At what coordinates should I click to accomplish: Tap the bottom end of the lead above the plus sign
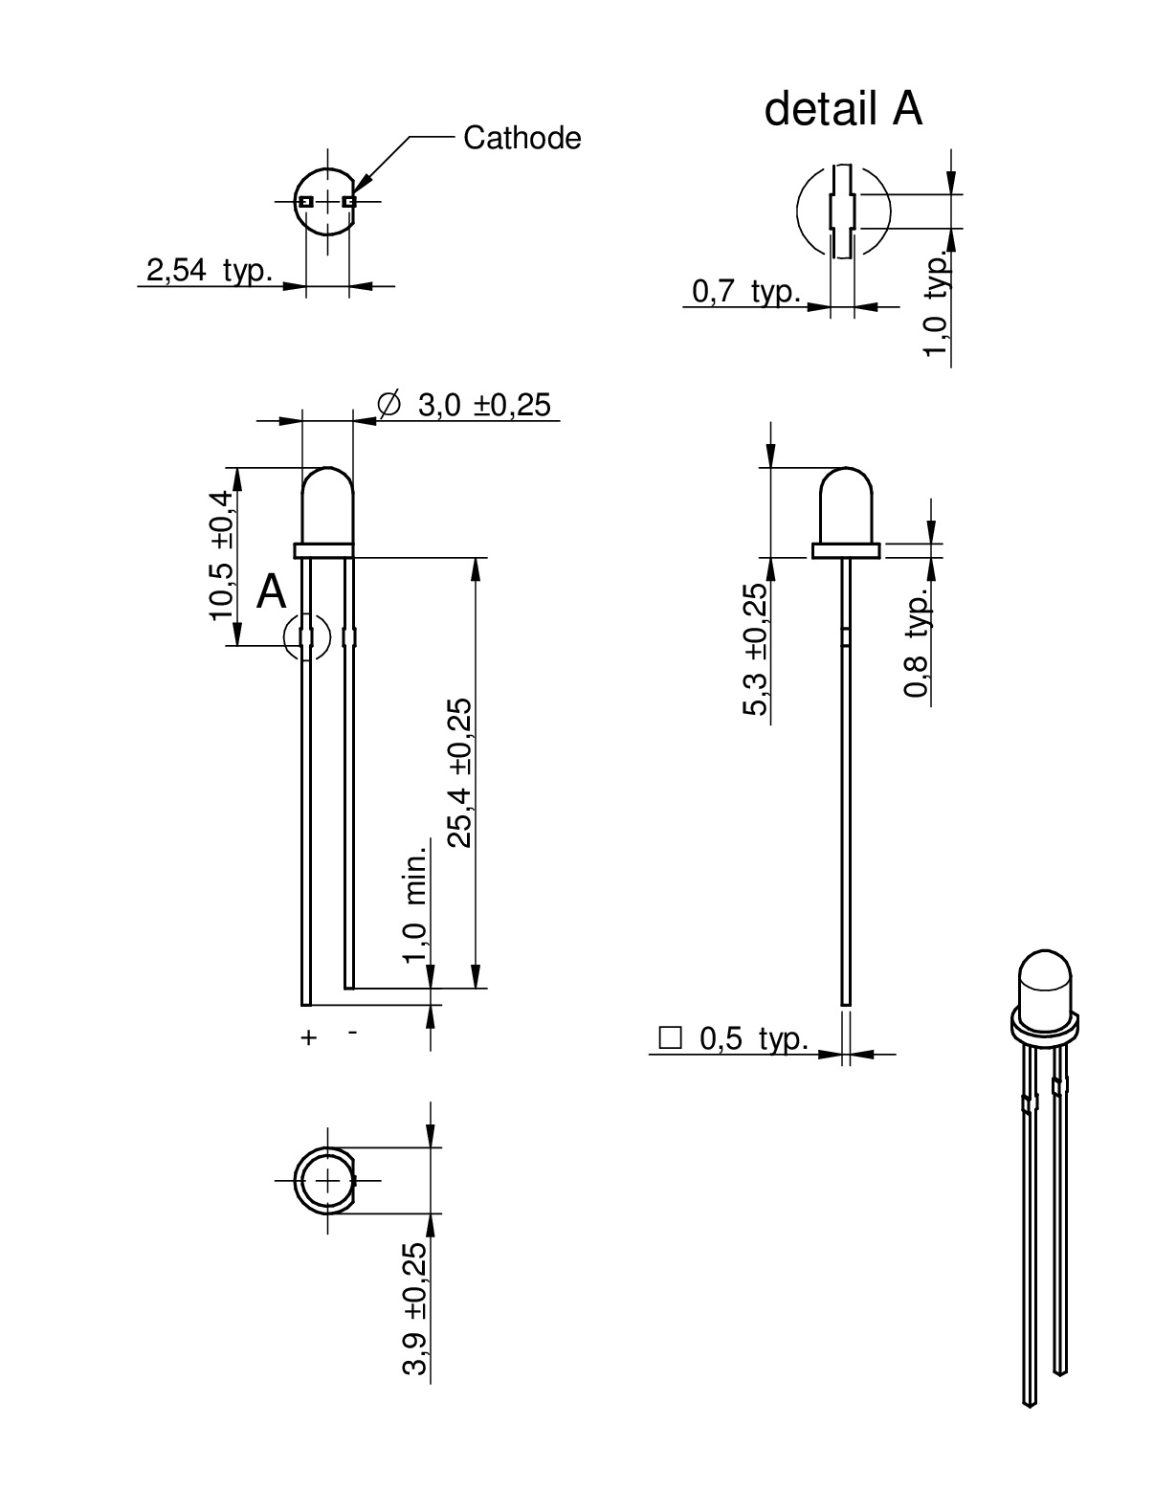point(306,1005)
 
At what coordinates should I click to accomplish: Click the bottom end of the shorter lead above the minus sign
point(349,988)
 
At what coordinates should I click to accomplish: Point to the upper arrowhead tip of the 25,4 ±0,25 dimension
point(476,558)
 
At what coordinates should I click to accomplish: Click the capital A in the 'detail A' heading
point(907,108)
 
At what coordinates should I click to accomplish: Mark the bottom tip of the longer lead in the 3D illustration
point(1030,1407)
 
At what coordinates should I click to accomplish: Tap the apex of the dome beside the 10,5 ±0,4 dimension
point(328,467)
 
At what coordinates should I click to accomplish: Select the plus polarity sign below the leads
point(308,1037)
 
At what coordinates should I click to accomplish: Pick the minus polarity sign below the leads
point(353,1033)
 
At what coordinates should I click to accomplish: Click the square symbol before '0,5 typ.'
point(670,1038)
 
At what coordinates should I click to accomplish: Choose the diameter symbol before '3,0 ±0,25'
point(388,403)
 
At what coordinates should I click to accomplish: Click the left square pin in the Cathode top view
point(306,202)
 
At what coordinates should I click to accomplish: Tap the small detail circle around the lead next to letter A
point(307,636)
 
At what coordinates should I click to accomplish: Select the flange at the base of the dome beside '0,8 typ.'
point(846,551)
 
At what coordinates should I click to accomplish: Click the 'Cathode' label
point(521,138)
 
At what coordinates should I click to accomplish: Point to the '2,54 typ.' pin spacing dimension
point(210,270)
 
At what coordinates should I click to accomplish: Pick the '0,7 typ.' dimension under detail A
point(746,292)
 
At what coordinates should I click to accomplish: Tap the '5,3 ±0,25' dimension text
point(755,649)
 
